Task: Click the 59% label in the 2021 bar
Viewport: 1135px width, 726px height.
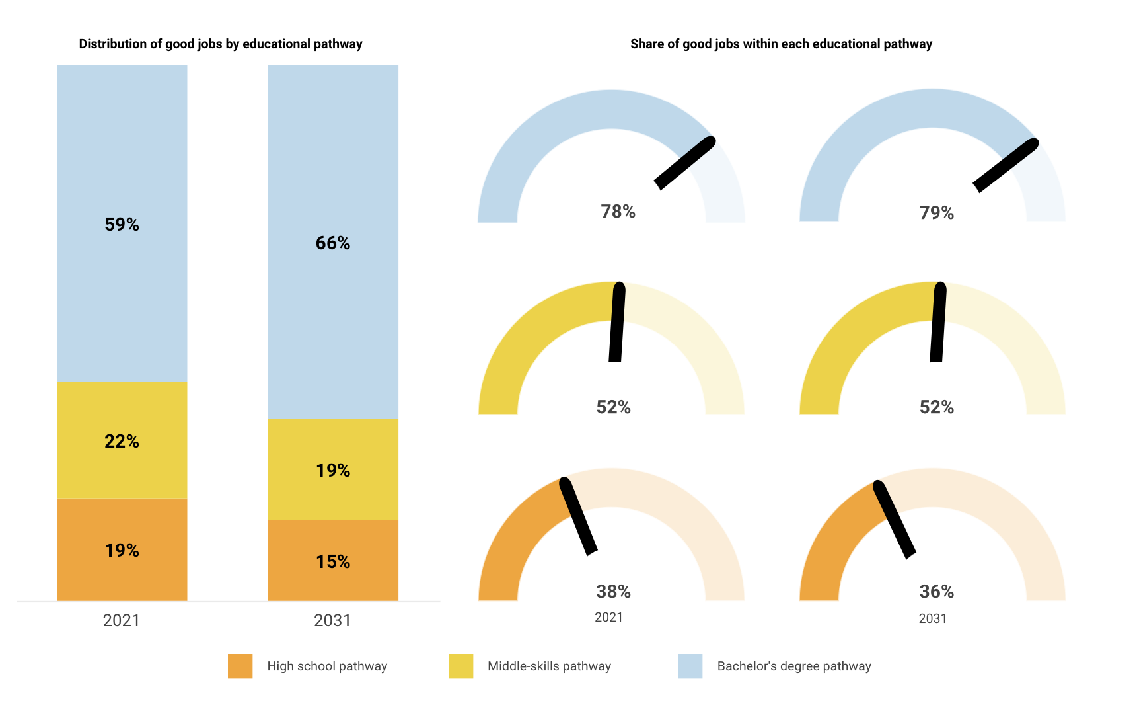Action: [122, 225]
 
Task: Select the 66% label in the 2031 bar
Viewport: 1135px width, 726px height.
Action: [333, 243]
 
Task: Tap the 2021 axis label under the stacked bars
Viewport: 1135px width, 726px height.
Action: [122, 620]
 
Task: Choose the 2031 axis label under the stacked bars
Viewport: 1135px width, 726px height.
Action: [332, 620]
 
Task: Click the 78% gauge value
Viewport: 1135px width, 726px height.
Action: [618, 212]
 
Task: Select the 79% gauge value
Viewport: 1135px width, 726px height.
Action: [936, 213]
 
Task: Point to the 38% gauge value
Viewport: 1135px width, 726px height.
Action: [613, 591]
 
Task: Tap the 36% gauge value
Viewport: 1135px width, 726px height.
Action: [936, 591]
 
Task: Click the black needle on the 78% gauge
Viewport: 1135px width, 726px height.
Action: [685, 163]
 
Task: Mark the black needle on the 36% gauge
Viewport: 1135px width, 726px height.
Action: [895, 520]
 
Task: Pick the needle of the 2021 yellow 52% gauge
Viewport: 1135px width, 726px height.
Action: [617, 323]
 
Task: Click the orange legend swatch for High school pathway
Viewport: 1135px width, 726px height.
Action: [240, 666]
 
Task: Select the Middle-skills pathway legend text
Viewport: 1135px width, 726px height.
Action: [549, 666]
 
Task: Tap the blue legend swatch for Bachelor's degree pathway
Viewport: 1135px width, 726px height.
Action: [690, 666]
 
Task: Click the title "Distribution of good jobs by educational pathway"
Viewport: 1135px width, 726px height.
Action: [221, 44]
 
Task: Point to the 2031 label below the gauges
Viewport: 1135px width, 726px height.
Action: [932, 618]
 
